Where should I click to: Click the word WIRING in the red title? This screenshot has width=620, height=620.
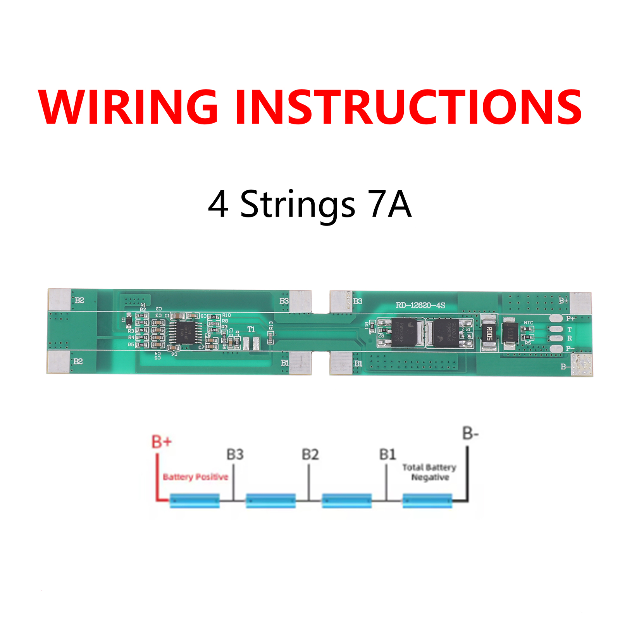[x=128, y=107]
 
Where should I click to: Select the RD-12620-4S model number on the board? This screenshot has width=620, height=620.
[x=420, y=305]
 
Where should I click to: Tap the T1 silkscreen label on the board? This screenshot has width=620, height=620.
[x=251, y=329]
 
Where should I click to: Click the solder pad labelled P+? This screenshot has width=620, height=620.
[x=556, y=319]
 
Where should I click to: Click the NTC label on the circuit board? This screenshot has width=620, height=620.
[x=528, y=323]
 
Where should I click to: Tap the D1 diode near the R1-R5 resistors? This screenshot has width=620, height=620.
[x=129, y=320]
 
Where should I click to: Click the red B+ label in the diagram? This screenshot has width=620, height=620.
[x=161, y=442]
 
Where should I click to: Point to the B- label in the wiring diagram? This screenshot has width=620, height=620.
[x=470, y=433]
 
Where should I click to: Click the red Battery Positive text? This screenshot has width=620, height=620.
[x=195, y=477]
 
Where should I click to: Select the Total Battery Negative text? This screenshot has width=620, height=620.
[x=429, y=472]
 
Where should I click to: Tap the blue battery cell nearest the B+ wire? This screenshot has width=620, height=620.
[x=195, y=500]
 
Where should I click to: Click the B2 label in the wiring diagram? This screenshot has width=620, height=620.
[x=310, y=454]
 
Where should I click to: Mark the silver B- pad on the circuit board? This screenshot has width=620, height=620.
[x=582, y=365]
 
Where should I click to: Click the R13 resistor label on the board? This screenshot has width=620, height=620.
[x=271, y=325]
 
